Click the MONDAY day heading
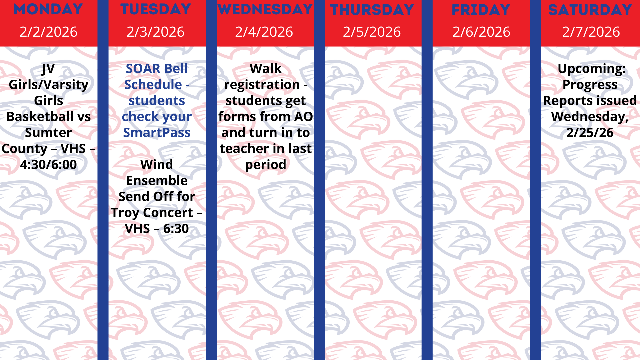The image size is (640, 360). point(48,9)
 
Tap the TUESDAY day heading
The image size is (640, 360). point(156,9)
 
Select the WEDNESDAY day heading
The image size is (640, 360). point(265,9)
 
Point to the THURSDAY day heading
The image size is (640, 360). point(372,10)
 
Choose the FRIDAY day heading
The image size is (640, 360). point(481,10)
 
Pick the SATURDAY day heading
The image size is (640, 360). point(590,10)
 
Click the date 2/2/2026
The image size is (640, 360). point(48,32)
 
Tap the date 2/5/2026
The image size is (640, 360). point(372,32)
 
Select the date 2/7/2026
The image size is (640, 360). point(591,32)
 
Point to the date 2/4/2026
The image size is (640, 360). point(264,32)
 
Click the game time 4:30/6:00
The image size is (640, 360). point(48,165)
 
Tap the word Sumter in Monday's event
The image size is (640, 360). point(48,133)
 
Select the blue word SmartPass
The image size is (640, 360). point(157,133)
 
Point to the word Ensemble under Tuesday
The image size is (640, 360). point(157,181)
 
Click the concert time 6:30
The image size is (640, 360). point(176,229)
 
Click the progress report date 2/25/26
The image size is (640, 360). point(590,133)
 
